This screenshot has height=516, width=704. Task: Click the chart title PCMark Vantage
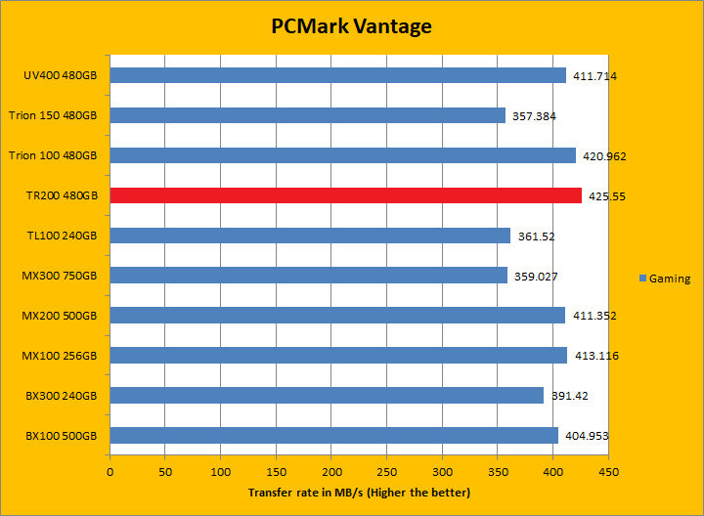coord(351,26)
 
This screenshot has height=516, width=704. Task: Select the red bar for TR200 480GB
coord(345,195)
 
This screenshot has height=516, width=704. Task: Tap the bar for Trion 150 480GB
coord(307,115)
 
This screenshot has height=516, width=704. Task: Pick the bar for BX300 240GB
coord(327,395)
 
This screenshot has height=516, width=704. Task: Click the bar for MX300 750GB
coord(308,276)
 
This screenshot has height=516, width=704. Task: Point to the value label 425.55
coord(606,195)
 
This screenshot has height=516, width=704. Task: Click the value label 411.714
coord(594,75)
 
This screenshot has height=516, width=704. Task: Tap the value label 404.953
coord(587,436)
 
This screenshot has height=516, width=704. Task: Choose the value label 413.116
coord(595,356)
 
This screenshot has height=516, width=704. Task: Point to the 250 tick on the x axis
coord(387,472)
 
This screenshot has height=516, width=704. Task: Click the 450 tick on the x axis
coord(608,472)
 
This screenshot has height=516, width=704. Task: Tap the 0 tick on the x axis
coord(110,472)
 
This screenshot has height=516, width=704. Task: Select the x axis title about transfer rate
coord(359,492)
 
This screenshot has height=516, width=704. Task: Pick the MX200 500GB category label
coord(61,316)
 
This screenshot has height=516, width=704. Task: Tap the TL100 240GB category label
coord(63,236)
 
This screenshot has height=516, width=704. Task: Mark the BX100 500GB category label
coord(62,436)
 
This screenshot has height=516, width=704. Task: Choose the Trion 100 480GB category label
coord(53,155)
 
